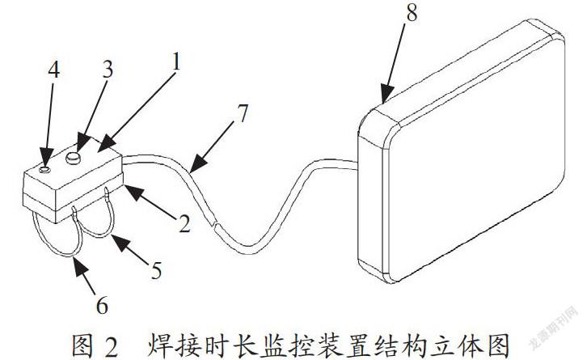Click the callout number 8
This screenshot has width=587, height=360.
click(x=411, y=12)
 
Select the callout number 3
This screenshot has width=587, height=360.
click(x=108, y=70)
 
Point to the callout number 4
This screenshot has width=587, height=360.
click(x=53, y=70)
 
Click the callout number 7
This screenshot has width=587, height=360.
click(x=243, y=113)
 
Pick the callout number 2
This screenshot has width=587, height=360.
click(x=184, y=223)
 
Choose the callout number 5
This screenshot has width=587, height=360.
click(x=156, y=270)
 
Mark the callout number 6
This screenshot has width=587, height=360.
click(x=102, y=305)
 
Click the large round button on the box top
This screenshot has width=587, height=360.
click(x=74, y=158)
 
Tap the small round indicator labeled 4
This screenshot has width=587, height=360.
click(x=44, y=170)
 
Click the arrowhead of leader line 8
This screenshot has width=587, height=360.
click(x=386, y=93)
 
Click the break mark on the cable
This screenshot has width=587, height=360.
click(x=214, y=226)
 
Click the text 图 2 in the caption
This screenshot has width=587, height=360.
click(x=95, y=345)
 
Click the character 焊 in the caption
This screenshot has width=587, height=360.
click(x=159, y=345)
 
